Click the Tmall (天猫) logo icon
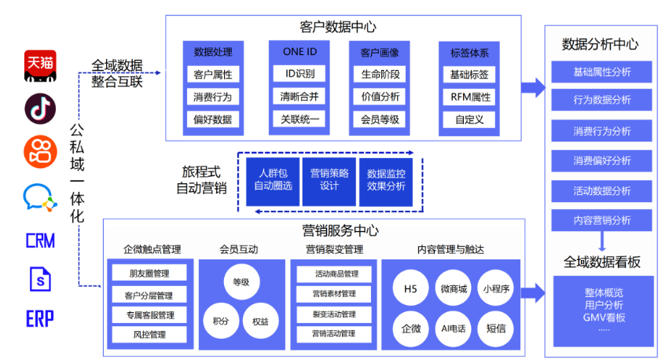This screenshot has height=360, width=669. [x=39, y=66]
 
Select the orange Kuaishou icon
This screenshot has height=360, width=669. [x=39, y=151]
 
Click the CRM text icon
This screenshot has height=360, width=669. [x=39, y=240]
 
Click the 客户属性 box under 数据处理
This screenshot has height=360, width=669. [x=212, y=75]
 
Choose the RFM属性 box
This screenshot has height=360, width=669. [x=469, y=97]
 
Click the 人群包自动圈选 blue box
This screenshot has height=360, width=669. [x=272, y=180]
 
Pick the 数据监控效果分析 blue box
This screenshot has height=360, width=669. [x=386, y=180]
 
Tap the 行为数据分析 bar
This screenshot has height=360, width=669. [x=601, y=101]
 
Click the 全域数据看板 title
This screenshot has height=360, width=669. [x=601, y=261]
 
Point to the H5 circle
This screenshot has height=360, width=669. [x=410, y=289]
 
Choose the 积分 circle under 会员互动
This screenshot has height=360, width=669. [x=219, y=321]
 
